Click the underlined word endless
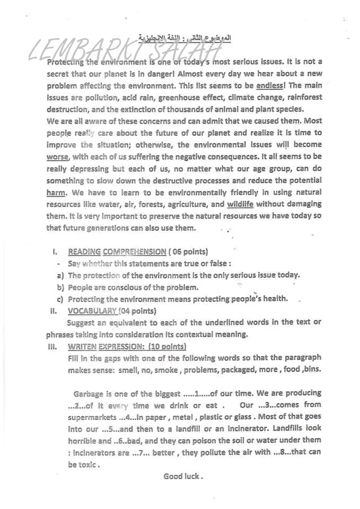pos(271,85)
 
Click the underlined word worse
pos(57,157)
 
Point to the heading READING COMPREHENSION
pos(117,252)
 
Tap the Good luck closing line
pos(183,476)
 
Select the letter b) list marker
pos(60,287)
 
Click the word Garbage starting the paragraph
pos(89,393)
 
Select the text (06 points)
pos(189,252)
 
